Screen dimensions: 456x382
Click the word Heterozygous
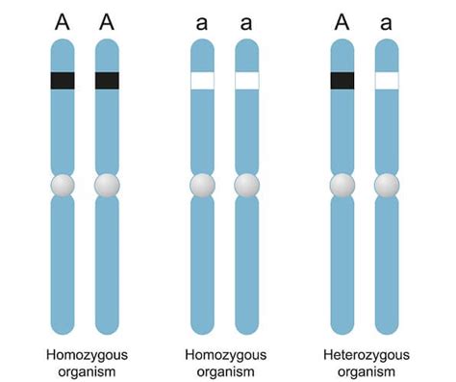365,354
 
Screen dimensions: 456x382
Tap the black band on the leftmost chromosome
63,81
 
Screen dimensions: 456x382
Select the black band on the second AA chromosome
107,81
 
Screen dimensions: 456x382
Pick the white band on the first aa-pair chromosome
202,81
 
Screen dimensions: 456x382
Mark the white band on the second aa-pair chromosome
247,81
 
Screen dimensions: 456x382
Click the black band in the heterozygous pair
342,81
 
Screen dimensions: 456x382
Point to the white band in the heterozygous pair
387,81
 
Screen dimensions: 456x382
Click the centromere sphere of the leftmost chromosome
63,184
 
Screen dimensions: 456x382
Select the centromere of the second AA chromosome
107,184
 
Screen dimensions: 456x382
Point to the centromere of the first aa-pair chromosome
202,184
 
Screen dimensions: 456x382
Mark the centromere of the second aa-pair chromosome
247,184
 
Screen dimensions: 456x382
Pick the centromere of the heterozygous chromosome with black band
342,184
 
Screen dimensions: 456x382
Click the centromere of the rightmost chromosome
387,184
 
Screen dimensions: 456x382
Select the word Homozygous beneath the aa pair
225,354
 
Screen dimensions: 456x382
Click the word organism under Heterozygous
365,370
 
